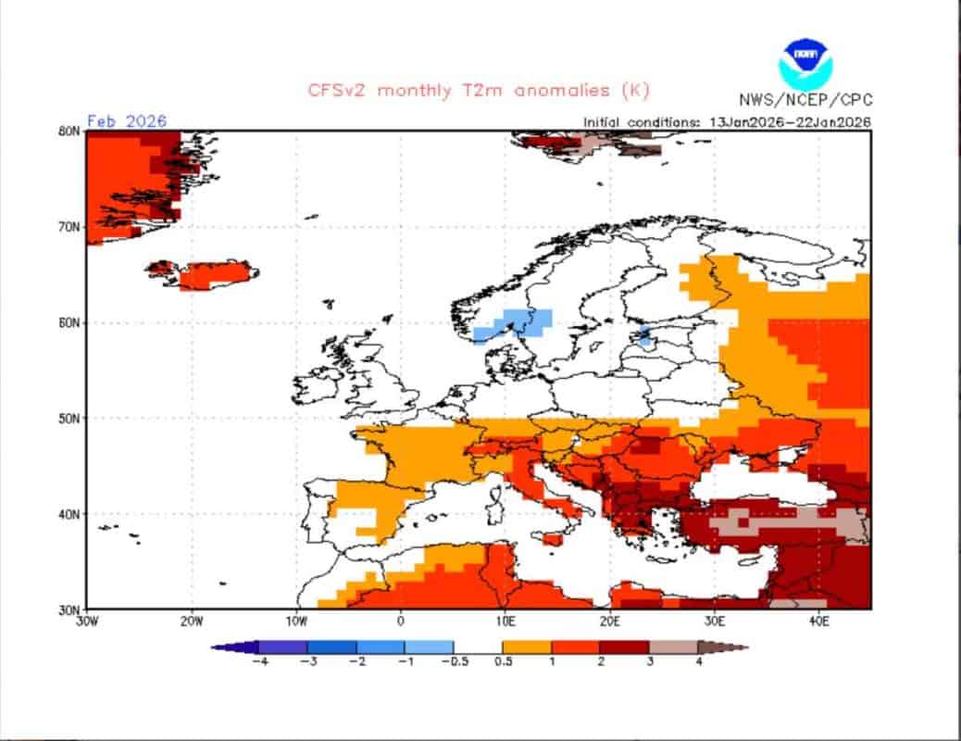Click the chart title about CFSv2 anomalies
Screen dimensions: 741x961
point(479,90)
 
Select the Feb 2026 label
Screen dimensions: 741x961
point(127,121)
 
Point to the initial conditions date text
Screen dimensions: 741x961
point(727,121)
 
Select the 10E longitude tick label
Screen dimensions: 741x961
point(505,622)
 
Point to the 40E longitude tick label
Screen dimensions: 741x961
point(818,622)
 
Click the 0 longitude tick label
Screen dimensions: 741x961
point(401,622)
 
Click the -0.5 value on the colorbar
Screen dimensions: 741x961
point(453,662)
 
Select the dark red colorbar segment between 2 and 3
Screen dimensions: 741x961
point(624,647)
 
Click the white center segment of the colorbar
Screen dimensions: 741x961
point(478,647)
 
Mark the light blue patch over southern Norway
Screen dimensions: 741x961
point(512,324)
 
